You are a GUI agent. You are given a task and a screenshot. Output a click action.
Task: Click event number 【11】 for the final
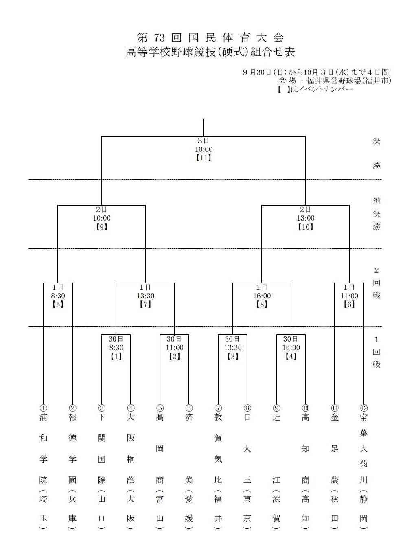tap(204, 158)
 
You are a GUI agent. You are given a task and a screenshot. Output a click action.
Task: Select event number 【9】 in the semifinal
tap(101, 227)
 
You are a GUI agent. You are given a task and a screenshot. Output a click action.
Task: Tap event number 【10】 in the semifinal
tap(305, 227)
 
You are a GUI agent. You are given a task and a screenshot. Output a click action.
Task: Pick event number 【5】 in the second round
tap(58, 304)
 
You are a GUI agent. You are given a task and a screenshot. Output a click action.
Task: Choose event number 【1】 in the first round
tap(116, 356)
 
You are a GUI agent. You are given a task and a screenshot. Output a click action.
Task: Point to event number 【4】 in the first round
tap(291, 356)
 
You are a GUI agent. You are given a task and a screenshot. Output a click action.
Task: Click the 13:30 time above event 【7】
tap(145, 296)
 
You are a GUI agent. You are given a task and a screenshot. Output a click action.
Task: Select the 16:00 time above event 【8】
tap(262, 296)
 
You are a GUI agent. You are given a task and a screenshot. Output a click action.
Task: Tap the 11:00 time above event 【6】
tap(349, 296)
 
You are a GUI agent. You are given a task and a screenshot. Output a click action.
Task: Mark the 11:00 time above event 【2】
tap(175, 348)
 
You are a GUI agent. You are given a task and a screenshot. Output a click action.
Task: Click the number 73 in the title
tap(159, 38)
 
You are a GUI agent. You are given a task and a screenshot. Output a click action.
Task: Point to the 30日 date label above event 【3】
tap(232, 339)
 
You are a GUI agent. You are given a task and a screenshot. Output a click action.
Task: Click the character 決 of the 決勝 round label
tap(377, 141)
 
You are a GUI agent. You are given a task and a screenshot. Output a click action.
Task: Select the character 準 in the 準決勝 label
tap(377, 201)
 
